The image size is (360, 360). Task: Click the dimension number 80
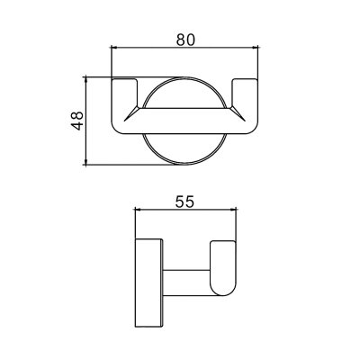coord(185,40)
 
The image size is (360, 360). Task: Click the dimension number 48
coord(77,121)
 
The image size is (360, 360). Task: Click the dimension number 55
coord(184,202)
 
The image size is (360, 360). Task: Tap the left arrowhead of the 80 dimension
coord(114,47)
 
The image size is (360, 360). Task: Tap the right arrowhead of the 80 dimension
coord(255,47)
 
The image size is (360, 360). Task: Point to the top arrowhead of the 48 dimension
coord(86,80)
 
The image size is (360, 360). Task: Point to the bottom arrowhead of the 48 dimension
coord(86,162)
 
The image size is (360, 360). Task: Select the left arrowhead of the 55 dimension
coord(139,210)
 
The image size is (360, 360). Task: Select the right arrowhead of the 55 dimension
coord(234,210)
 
